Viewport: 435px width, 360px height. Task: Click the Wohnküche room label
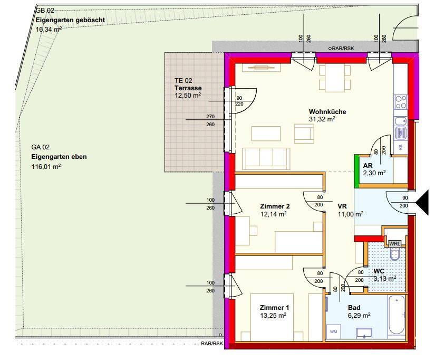(327, 112)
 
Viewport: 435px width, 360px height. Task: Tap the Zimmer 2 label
(275, 206)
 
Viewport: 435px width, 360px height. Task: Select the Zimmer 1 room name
(274, 308)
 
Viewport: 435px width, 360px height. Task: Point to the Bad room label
(354, 308)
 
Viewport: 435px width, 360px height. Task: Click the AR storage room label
(368, 166)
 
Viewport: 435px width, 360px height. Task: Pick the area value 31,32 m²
(322, 119)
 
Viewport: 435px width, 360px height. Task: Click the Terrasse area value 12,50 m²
(188, 95)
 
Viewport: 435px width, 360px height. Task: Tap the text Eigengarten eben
(59, 157)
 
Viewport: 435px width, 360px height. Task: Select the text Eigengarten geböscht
(70, 20)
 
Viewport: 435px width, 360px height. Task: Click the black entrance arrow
(422, 203)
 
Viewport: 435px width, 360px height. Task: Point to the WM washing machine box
(333, 331)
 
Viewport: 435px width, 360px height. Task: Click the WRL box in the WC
(394, 244)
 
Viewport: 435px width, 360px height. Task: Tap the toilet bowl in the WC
(394, 253)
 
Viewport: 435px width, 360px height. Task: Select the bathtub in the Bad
(397, 315)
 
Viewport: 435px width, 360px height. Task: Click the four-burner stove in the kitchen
(401, 102)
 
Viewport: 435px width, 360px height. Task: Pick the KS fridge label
(400, 147)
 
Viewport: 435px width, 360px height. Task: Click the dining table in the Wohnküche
(335, 78)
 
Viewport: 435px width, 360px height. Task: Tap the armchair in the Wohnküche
(304, 134)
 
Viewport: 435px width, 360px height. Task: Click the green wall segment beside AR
(356, 172)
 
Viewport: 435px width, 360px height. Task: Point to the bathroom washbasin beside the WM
(364, 333)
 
